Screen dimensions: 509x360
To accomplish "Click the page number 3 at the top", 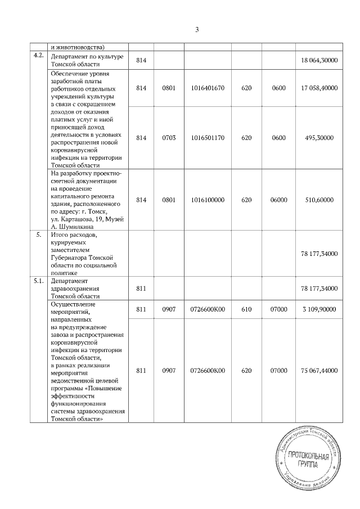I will coord(197,29).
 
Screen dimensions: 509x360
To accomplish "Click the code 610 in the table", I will coord(246,309).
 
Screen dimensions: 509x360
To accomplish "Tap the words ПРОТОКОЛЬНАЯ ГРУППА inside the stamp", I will coord(307,460).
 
